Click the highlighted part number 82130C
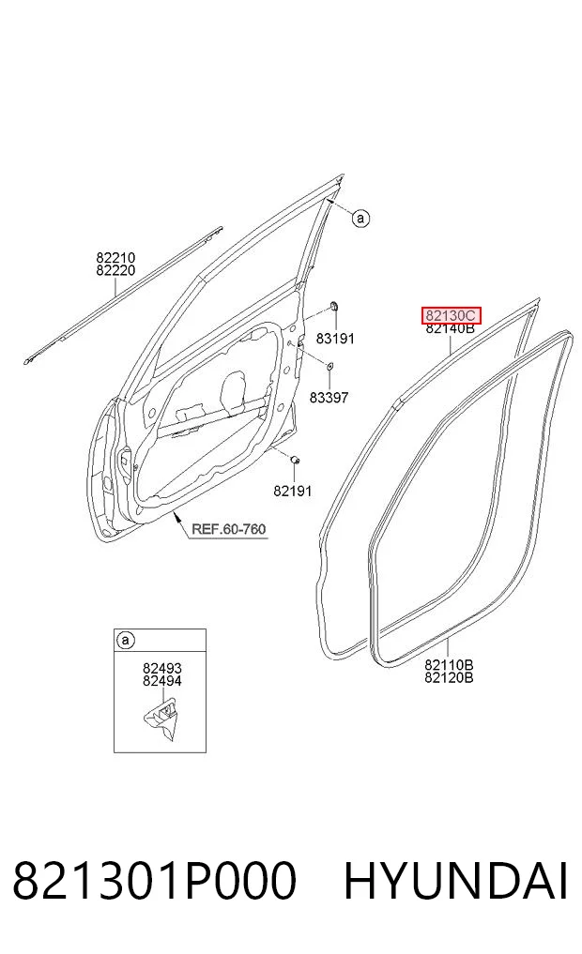pyautogui.click(x=451, y=316)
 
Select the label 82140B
pyautogui.click(x=450, y=328)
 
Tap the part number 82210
pyautogui.click(x=115, y=258)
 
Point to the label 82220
pyautogui.click(x=115, y=271)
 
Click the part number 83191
pyautogui.click(x=335, y=339)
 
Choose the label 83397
pyautogui.click(x=329, y=398)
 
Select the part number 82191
pyautogui.click(x=292, y=491)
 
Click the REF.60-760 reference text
pyautogui.click(x=229, y=529)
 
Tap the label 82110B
pyautogui.click(x=450, y=664)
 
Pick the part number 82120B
pyautogui.click(x=450, y=677)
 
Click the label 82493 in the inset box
pyautogui.click(x=162, y=669)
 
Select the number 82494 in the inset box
pyautogui.click(x=162, y=681)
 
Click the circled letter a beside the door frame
pyautogui.click(x=361, y=218)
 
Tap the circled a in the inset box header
pyautogui.click(x=126, y=640)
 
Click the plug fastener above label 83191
pyautogui.click(x=334, y=306)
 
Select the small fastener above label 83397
pyautogui.click(x=329, y=366)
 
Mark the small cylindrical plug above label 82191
pyautogui.click(x=295, y=460)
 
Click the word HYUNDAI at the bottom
pyautogui.click(x=456, y=881)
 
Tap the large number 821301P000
pyautogui.click(x=155, y=881)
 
